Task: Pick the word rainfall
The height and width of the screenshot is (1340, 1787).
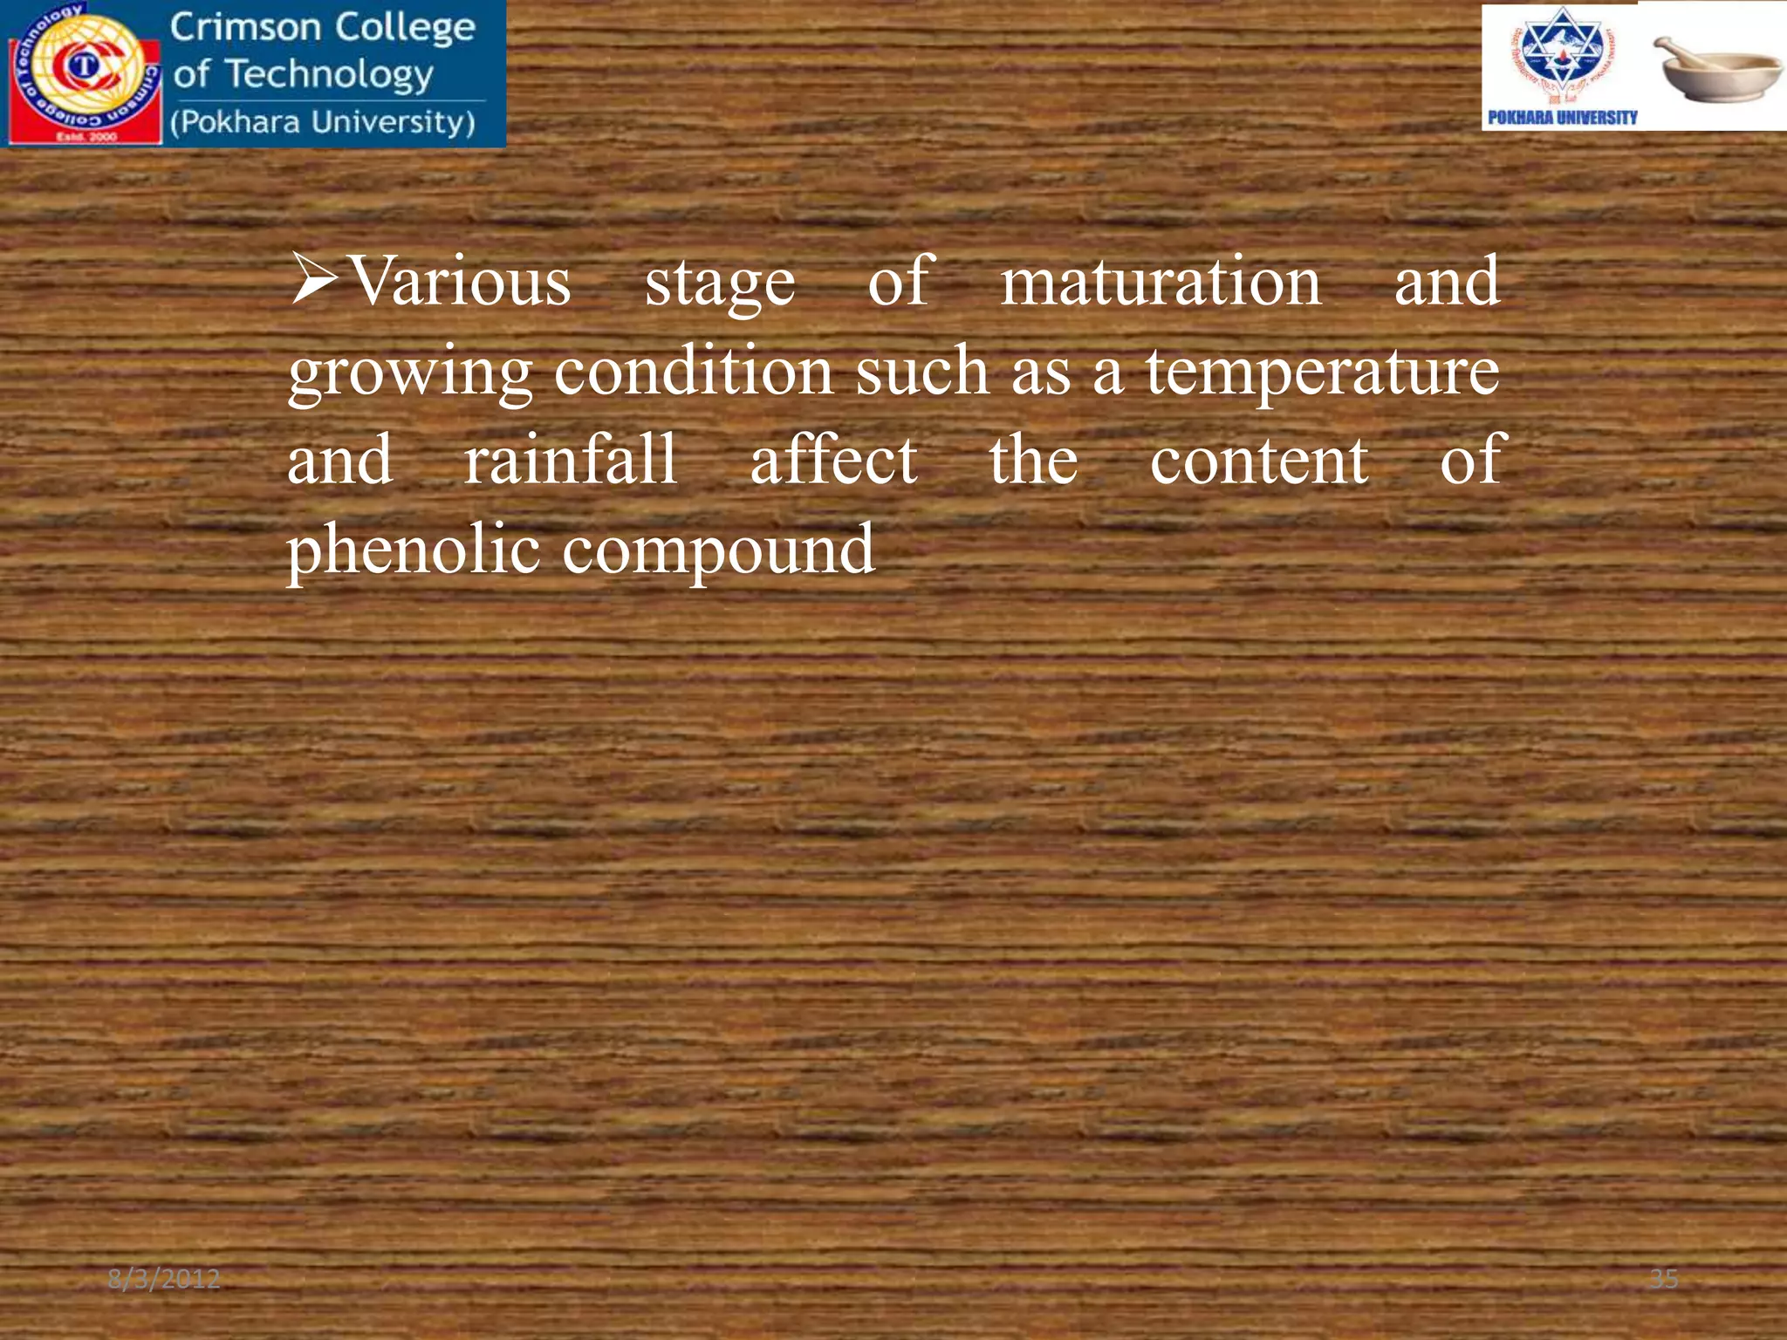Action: pyautogui.click(x=570, y=460)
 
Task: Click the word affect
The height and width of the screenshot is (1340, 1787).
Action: pyautogui.click(x=833, y=460)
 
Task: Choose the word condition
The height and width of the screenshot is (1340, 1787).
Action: pyautogui.click(x=694, y=371)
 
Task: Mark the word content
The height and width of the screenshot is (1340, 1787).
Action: pyautogui.click(x=1258, y=461)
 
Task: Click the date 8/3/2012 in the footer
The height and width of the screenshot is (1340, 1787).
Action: pyautogui.click(x=163, y=1279)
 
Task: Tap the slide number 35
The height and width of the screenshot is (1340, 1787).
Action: pyautogui.click(x=1663, y=1279)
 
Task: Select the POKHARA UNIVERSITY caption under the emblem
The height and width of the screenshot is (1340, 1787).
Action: pyautogui.click(x=1562, y=118)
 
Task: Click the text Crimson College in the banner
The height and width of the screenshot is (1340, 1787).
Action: pyautogui.click(x=322, y=27)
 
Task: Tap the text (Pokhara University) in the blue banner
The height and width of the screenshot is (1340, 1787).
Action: pyautogui.click(x=322, y=122)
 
